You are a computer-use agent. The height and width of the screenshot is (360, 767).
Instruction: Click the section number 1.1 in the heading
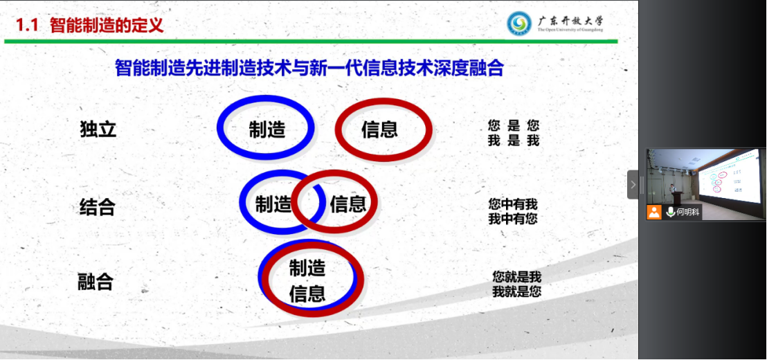tap(28, 25)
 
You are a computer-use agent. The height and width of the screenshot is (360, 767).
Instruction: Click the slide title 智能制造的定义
tap(107, 25)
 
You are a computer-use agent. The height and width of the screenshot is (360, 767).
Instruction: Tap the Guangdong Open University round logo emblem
tap(519, 23)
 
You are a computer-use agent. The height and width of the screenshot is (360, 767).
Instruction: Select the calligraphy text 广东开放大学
tap(570, 21)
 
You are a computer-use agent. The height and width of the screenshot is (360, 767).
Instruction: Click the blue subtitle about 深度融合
tap(309, 69)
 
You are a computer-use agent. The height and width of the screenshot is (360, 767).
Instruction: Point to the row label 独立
tap(98, 129)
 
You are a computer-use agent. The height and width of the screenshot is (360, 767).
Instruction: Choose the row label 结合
tap(98, 207)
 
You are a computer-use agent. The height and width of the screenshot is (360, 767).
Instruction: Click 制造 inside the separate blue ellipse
tap(267, 129)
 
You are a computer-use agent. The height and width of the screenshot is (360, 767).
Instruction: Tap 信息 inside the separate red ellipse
tap(379, 129)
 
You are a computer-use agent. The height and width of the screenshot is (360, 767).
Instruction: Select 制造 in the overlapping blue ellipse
tap(273, 204)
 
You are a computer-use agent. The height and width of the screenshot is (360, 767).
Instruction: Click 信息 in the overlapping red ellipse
tap(348, 204)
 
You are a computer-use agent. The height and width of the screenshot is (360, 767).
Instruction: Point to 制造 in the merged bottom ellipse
tap(307, 268)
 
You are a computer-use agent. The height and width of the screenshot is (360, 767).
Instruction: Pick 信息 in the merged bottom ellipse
tap(307, 294)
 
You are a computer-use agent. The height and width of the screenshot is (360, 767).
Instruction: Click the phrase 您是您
tap(514, 126)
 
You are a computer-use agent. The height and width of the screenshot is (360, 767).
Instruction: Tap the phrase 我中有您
tap(513, 219)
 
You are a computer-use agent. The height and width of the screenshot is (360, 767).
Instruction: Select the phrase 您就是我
tap(517, 278)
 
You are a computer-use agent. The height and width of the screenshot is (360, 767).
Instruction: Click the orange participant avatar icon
tap(654, 212)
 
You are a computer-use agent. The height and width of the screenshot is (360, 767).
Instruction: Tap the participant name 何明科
tap(689, 213)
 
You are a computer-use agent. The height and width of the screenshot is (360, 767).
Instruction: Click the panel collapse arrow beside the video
tap(633, 184)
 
